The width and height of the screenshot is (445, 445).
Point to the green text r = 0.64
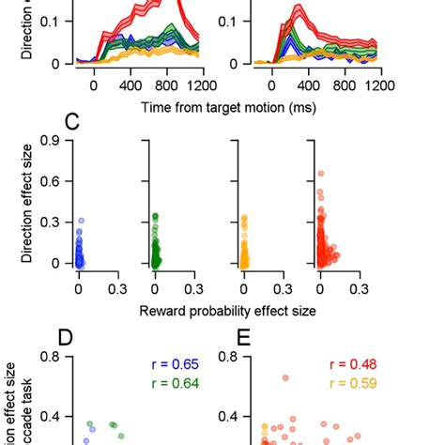tap(176, 382)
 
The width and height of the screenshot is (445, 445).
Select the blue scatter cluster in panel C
tap(79, 252)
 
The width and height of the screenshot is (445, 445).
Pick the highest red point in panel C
tap(321, 173)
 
